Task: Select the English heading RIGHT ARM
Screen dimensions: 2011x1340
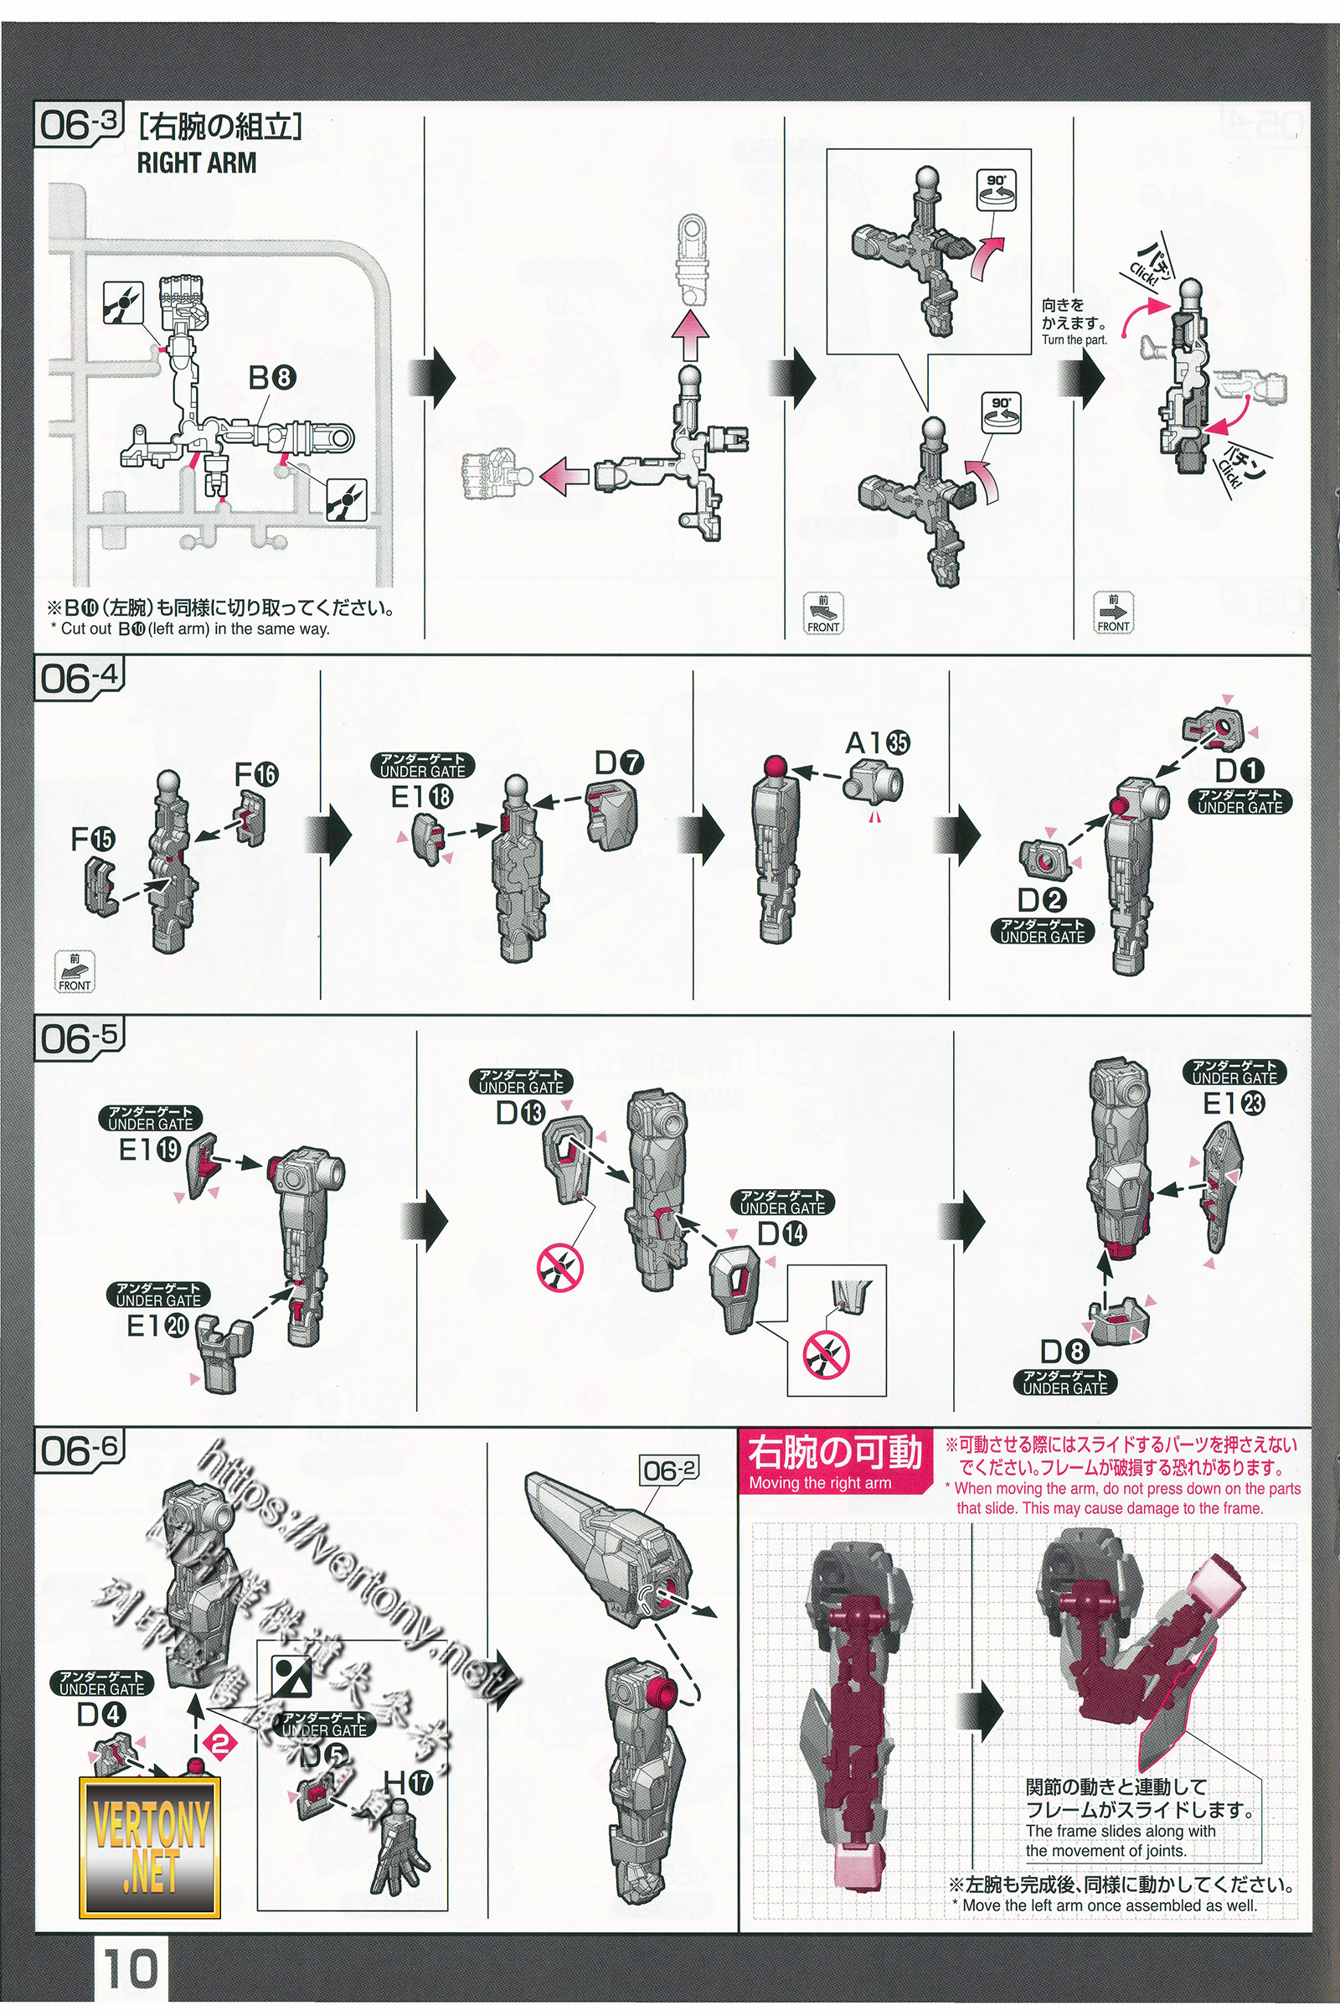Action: pos(197,163)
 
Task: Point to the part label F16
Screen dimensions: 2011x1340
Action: pos(256,774)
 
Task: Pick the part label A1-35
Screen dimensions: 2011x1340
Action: pos(878,743)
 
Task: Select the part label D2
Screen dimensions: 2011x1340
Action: pos(1041,899)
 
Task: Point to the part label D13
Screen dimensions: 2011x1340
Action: pos(519,1113)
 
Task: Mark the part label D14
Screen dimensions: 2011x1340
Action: pos(782,1233)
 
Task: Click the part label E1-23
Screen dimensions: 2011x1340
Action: pos(1233,1104)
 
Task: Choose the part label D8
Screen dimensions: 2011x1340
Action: pos(1064,1352)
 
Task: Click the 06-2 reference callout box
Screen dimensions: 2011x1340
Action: pos(669,1470)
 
